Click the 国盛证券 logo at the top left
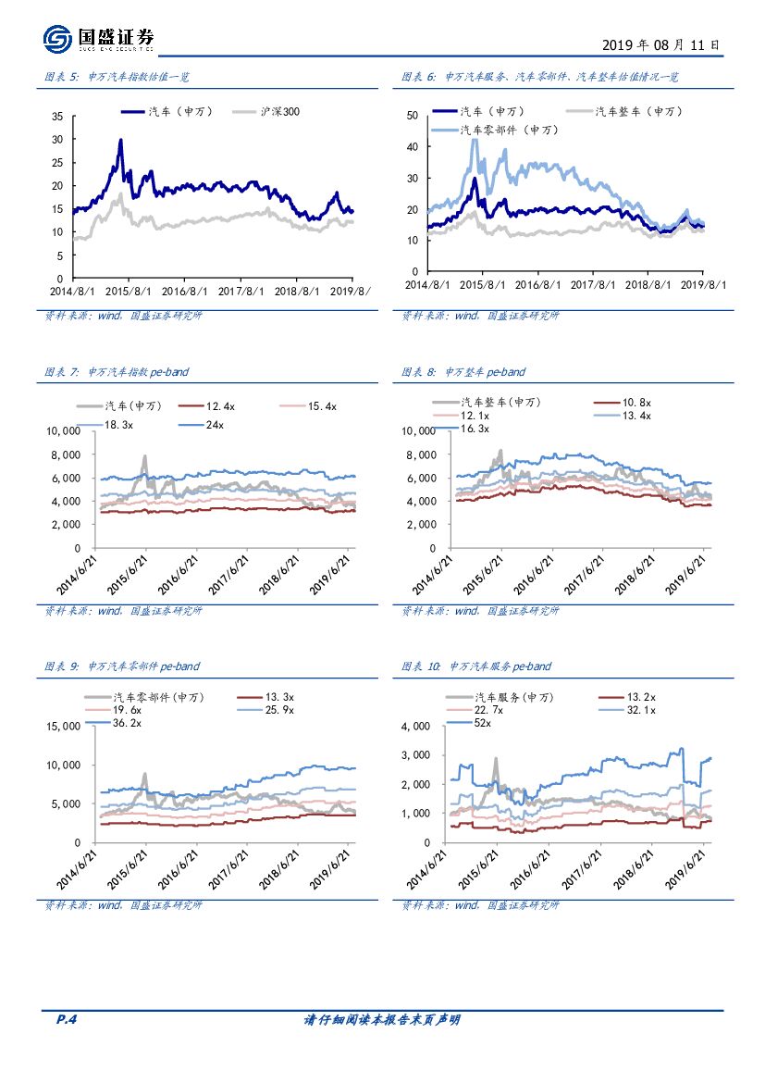tap(98, 38)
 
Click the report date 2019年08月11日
tap(660, 44)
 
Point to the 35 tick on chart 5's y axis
tap(56, 117)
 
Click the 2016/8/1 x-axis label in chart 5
tap(186, 291)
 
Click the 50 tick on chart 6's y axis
tap(413, 116)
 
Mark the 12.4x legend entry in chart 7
tap(220, 406)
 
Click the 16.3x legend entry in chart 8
tap(475, 429)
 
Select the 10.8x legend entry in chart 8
tap(637, 403)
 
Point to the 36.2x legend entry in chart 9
tap(127, 723)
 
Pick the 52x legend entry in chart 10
tap(482, 723)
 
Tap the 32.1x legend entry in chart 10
tap(640, 710)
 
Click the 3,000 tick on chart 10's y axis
tap(415, 755)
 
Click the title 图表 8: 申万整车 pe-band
tap(463, 372)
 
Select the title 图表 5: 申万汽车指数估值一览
tap(116, 78)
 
